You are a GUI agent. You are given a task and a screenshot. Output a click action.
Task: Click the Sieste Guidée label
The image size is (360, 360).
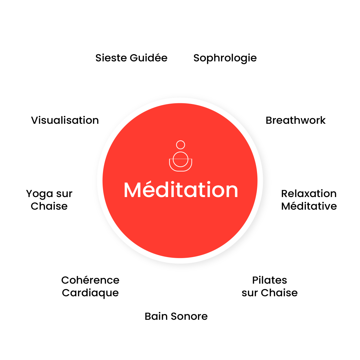point(131,58)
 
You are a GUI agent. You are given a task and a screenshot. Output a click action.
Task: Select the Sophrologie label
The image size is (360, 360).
point(225,58)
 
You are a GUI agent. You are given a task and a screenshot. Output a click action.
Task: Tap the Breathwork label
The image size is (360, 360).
point(296,120)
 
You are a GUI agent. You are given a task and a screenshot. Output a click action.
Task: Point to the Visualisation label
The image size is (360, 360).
point(65,120)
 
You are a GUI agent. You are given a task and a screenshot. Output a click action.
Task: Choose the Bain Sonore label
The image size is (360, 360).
point(176,316)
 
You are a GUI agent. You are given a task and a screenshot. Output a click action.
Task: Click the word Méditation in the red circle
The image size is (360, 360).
point(181,190)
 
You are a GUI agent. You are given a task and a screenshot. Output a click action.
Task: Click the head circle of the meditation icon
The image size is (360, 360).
point(181,145)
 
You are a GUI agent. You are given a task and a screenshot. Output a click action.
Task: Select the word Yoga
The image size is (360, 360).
point(37,194)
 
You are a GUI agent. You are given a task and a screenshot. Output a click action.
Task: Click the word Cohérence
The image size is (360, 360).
point(90,280)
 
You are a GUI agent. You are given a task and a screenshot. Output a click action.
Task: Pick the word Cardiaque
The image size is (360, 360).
point(90,293)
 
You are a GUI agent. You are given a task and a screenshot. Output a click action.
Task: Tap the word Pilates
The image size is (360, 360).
point(270,280)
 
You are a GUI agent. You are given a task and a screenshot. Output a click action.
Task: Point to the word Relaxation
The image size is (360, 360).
point(309,194)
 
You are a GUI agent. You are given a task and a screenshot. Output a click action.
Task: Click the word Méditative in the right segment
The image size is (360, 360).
point(309,206)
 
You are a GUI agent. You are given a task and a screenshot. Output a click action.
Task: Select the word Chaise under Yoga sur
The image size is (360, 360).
point(49,206)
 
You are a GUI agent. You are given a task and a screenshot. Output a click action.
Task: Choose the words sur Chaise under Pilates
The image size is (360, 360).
point(270,293)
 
